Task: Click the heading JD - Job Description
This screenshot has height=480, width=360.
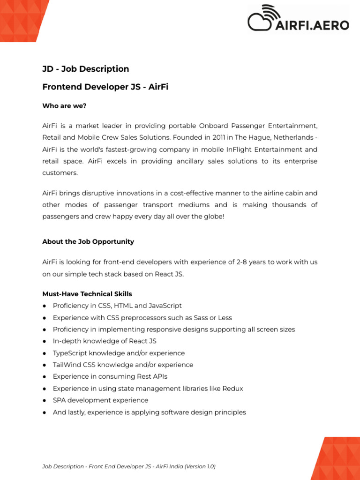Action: coord(86,69)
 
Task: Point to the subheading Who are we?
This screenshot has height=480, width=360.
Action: coord(64,106)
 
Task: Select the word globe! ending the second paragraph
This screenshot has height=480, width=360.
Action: coord(214,217)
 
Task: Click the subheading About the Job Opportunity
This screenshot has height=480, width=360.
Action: coord(88,241)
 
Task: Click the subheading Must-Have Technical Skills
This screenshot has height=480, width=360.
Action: coord(87,294)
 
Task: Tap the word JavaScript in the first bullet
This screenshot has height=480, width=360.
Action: coord(165,306)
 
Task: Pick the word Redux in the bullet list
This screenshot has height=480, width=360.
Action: coord(233,389)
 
